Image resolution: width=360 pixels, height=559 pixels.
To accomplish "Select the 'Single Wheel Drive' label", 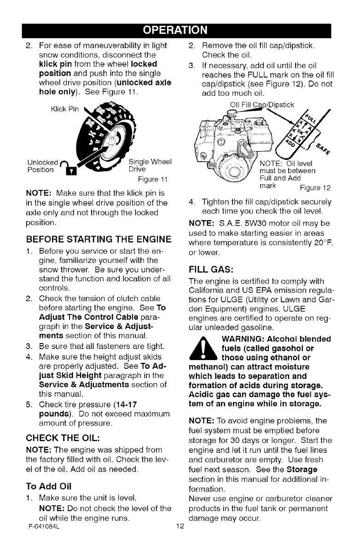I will (150, 165).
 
